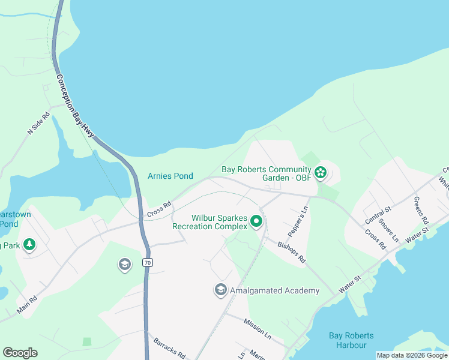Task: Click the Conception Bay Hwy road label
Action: coord(76,106)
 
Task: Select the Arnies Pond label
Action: coord(170,176)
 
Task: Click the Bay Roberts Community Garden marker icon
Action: coord(321,173)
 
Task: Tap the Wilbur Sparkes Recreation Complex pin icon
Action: coord(256,222)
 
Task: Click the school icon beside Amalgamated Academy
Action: coord(221,290)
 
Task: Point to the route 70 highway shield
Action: coord(147,262)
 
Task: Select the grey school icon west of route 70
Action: coord(124,265)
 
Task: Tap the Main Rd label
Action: coord(28,305)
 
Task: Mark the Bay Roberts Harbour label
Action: coord(351,340)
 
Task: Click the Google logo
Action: coord(20,353)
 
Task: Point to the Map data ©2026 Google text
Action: coord(411,355)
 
